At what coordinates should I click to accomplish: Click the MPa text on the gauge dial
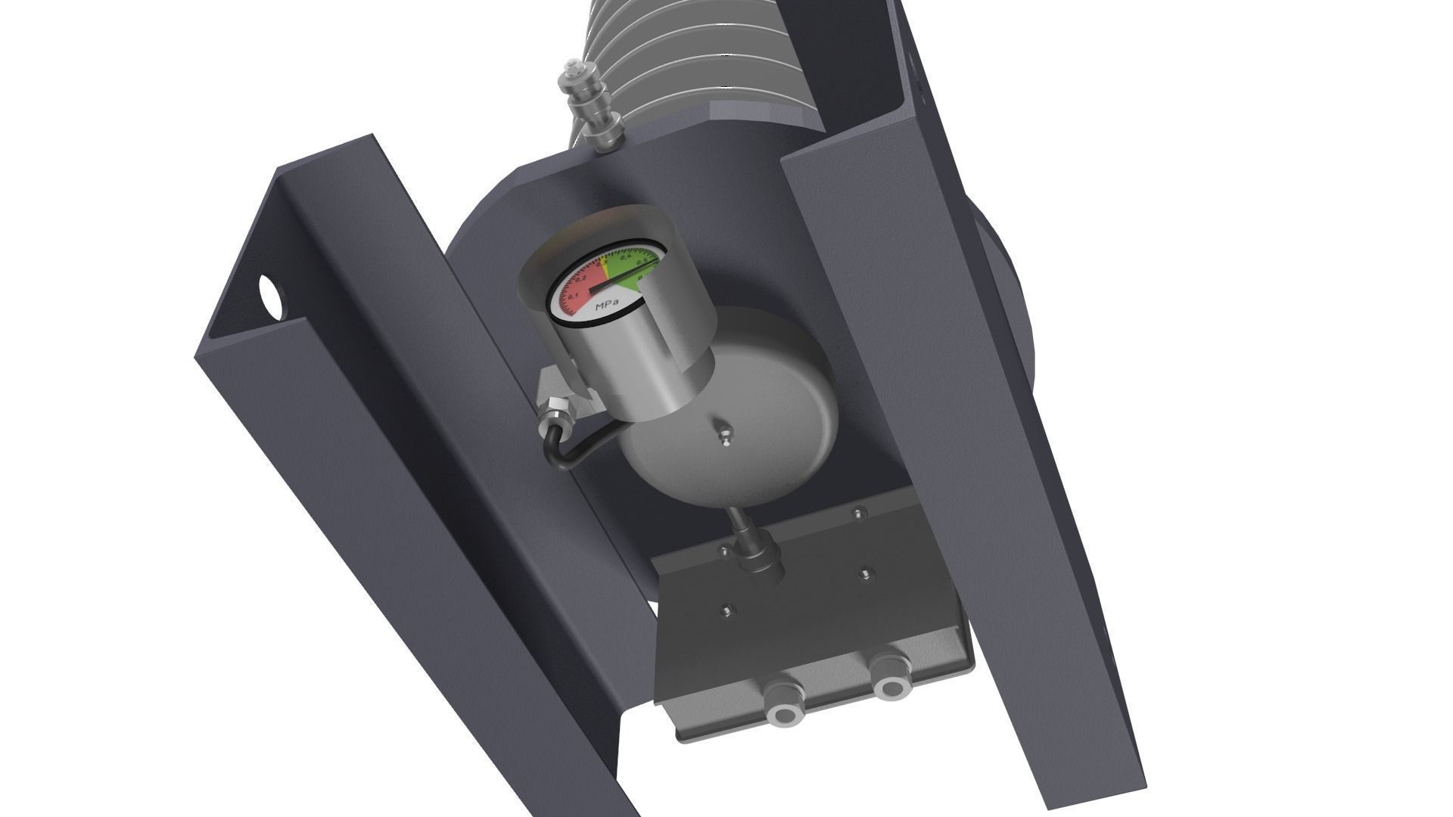[606, 306]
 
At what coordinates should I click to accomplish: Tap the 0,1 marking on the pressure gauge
[574, 294]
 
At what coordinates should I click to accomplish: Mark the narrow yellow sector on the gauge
[605, 266]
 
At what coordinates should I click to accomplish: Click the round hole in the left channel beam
[270, 296]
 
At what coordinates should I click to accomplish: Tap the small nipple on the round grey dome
[725, 436]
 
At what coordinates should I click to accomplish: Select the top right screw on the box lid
[858, 514]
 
